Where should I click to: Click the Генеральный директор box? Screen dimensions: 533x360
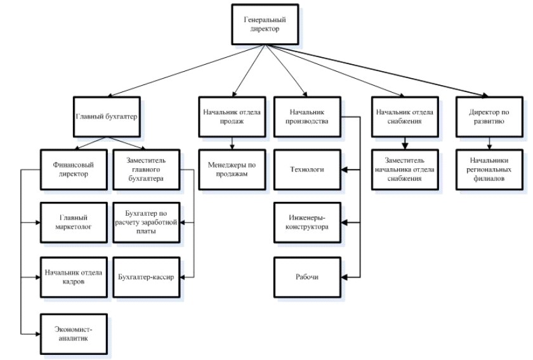click(x=265, y=24)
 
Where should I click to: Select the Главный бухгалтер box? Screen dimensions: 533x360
click(x=107, y=117)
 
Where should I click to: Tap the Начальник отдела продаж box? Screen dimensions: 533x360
click(x=232, y=117)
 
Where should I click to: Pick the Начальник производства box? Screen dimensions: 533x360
click(x=307, y=117)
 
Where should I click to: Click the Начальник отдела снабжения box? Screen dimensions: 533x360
click(x=405, y=117)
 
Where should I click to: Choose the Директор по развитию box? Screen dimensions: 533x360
click(x=489, y=117)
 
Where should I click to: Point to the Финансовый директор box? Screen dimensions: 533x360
click(x=74, y=170)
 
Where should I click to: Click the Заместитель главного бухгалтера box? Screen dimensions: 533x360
click(x=147, y=170)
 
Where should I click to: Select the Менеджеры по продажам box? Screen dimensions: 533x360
click(x=232, y=170)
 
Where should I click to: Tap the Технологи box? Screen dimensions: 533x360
click(x=307, y=170)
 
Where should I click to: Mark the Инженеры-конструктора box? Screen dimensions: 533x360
click(x=307, y=222)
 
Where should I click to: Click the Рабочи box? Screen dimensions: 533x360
click(x=307, y=277)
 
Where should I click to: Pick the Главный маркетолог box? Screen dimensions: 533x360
click(x=74, y=222)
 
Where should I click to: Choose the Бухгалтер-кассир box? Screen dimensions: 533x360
click(x=147, y=277)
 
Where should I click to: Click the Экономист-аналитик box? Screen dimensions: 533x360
click(x=74, y=334)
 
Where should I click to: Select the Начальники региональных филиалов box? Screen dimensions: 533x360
click(x=489, y=170)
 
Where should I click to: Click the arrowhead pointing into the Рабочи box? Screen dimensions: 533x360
click(x=345, y=277)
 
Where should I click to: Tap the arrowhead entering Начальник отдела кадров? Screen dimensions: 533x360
click(x=38, y=277)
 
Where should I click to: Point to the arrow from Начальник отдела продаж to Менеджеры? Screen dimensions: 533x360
click(x=232, y=143)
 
